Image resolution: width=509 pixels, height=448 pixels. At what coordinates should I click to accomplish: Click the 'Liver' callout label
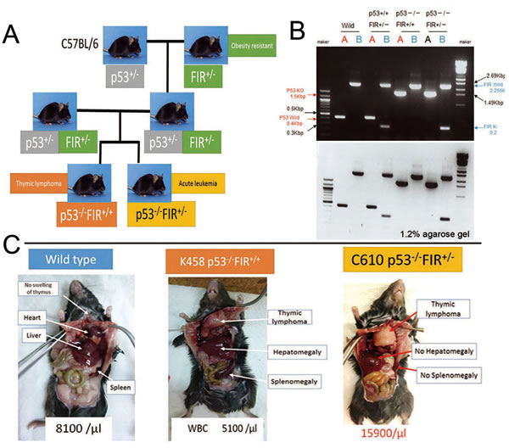33,335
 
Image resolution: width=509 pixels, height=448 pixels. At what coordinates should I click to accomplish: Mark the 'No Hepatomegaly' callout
444,350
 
